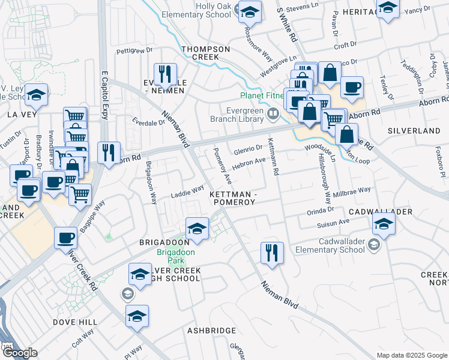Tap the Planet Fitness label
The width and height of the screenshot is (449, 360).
coord(263,95)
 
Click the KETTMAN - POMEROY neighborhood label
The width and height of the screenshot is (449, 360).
coord(233,199)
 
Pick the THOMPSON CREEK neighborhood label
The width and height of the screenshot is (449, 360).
coord(206,53)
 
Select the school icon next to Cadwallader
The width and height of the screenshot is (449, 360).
coord(383,225)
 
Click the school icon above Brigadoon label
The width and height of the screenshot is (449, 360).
coord(197,228)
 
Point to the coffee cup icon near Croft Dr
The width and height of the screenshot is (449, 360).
coord(352,86)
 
